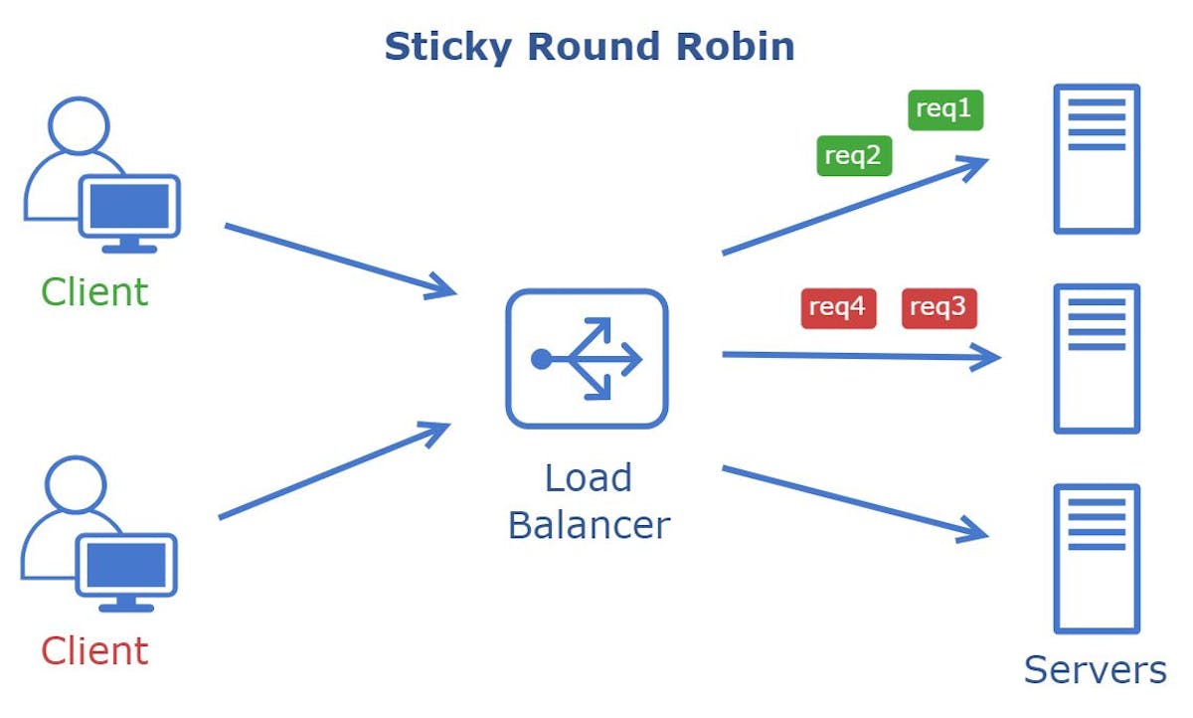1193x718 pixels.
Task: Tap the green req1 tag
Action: click(944, 109)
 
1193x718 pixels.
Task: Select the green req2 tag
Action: click(854, 156)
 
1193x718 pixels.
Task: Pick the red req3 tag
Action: click(938, 308)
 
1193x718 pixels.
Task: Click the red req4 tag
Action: click(838, 308)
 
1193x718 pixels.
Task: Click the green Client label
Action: click(94, 292)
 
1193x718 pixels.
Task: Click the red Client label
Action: click(94, 651)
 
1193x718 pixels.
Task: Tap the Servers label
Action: click(1095, 669)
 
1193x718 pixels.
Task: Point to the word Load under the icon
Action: click(588, 478)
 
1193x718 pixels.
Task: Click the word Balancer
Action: click(589, 524)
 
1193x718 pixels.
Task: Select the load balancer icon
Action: click(587, 359)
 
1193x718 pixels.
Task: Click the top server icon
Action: click(1096, 159)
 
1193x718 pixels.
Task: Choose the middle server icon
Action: click(1096, 359)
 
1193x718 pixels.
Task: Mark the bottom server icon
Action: click(1096, 558)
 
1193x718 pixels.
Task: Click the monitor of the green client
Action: click(129, 207)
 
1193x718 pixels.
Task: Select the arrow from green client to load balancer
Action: click(338, 260)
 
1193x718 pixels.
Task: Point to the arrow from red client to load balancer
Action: click(334, 471)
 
